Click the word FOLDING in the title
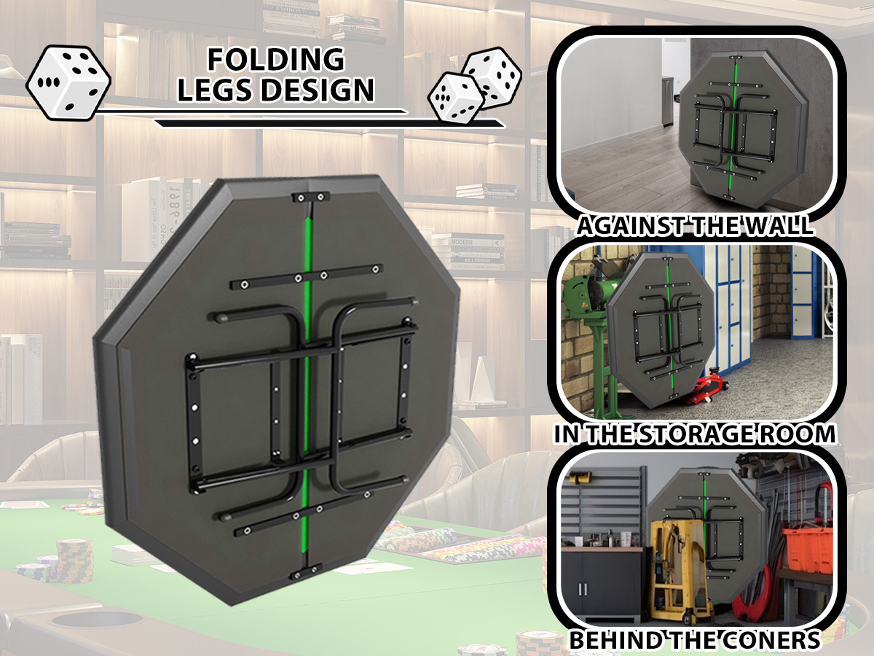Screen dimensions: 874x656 (x=275, y=60)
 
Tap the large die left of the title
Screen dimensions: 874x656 (x=68, y=82)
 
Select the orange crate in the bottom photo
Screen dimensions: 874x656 (x=808, y=548)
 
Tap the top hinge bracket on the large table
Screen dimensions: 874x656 (x=310, y=197)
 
